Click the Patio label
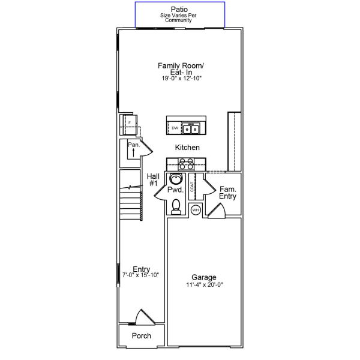tap(179, 10)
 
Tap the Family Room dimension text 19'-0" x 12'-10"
tap(181, 78)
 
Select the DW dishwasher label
tap(175, 128)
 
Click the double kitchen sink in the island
tap(191, 128)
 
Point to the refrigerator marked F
tap(130, 124)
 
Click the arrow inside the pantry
tap(133, 152)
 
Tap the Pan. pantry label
tap(134, 145)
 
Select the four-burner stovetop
tap(186, 164)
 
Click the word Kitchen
tap(187, 148)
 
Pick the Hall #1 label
tap(153, 180)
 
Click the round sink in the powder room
tap(176, 179)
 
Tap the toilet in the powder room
tap(176, 206)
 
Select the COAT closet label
tap(192, 187)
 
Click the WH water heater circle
tap(196, 210)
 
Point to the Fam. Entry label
tap(227, 193)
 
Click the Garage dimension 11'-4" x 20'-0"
tap(205, 284)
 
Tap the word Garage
tap(204, 277)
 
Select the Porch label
tap(142, 335)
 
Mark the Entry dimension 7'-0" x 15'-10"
tap(141, 275)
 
